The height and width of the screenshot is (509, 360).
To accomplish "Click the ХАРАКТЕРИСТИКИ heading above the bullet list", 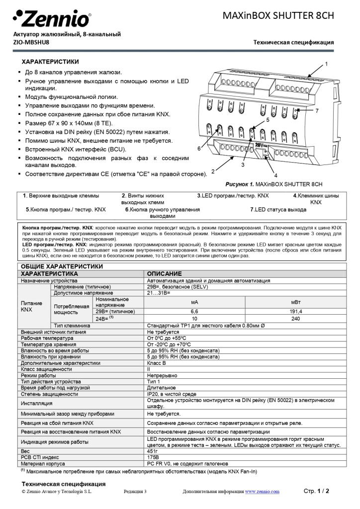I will pos(50,62).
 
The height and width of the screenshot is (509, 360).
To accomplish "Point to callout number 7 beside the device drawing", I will pos(317,110).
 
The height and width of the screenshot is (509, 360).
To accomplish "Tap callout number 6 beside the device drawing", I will pos(198,148).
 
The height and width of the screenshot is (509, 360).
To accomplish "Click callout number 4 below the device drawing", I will pos(275,175).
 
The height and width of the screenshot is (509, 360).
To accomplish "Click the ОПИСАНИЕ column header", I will pos(164,274).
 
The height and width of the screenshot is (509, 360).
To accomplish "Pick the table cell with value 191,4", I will pos(295,311).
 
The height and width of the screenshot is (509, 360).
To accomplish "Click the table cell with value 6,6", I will pos(194,311).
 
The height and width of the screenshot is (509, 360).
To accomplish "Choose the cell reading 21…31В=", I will pos(159,293).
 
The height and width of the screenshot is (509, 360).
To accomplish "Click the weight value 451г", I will pos(153,451).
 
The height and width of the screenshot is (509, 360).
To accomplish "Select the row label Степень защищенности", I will pos(49,394).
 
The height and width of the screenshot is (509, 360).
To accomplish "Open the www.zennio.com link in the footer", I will pos(262,492).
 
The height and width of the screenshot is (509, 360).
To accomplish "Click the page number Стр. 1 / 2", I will pos(316,491).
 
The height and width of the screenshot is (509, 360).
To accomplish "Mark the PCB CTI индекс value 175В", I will pos(153,457).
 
